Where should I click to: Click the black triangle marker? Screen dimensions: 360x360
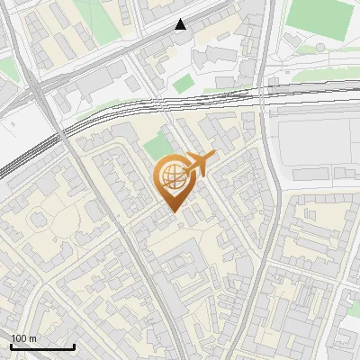(x=181, y=24)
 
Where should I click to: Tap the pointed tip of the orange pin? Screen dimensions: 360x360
(x=172, y=211)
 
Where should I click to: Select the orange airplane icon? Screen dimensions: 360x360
(x=198, y=165)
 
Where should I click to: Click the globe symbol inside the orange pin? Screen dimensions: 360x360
(x=171, y=177)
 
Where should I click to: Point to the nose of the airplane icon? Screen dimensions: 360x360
(x=213, y=157)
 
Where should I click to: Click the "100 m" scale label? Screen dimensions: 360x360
(x=24, y=338)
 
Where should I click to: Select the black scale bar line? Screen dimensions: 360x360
(x=42, y=346)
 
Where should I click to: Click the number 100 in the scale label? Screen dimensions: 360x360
(x=19, y=338)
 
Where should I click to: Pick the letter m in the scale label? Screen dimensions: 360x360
(x=33, y=338)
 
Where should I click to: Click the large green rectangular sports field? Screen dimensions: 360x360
(x=319, y=20)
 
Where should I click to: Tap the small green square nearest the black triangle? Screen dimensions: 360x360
(x=184, y=84)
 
